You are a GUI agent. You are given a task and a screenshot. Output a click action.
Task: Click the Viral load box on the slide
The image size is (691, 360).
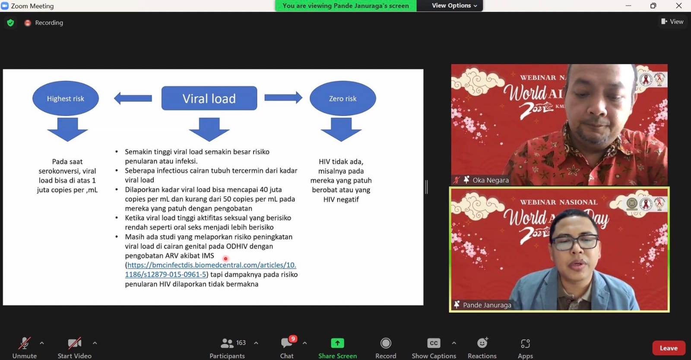[209, 98]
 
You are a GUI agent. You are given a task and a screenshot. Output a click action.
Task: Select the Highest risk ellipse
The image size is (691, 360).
[66, 98]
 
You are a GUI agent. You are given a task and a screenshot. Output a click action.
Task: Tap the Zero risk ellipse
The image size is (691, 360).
[343, 98]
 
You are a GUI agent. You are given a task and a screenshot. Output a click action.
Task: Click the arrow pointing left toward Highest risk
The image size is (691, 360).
[133, 98]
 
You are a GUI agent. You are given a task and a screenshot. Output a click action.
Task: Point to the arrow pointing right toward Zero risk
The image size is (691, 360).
[283, 98]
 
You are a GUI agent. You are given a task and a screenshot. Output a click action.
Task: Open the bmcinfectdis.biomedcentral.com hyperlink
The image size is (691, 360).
[211, 270]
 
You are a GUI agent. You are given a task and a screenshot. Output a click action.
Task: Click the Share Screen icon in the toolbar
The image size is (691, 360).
[337, 343]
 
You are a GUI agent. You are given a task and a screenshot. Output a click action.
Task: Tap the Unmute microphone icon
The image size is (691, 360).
[24, 343]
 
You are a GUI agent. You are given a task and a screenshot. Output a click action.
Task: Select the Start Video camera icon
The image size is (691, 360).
[74, 343]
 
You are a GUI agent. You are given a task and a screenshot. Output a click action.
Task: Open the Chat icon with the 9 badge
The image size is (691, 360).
[287, 342]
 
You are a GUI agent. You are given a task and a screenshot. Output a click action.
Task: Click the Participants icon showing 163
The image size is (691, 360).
[227, 343]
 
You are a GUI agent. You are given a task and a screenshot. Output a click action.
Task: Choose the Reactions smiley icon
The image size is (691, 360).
[482, 342]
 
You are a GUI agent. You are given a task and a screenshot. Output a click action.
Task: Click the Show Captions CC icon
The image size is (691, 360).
[434, 343]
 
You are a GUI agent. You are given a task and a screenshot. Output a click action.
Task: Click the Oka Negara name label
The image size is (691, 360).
[491, 180]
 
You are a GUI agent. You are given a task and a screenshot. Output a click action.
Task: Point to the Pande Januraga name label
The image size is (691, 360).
[487, 305]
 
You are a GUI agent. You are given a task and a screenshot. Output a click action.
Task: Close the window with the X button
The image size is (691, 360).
[678, 6]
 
